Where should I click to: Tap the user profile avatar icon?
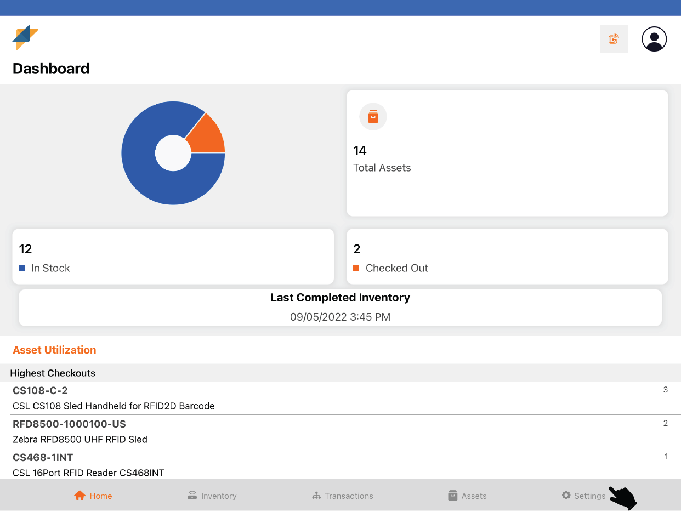654,39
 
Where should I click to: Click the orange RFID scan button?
614,39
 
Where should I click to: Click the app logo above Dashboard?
25,37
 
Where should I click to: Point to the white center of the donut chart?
173,153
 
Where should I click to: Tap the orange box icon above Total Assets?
373,117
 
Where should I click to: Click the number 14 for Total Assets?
360,151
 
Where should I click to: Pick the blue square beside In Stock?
22,268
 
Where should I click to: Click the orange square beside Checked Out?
356,268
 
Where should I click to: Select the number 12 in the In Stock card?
25,249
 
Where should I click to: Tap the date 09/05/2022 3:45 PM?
340,317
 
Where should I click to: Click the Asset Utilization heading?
54,350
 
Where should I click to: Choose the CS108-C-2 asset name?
40,390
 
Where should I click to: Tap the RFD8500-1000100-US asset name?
69,424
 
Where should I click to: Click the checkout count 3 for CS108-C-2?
665,390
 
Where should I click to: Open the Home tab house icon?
80,496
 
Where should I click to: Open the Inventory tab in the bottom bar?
212,496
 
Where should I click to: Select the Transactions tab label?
349,496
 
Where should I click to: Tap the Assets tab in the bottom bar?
467,496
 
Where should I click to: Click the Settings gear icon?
566,495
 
